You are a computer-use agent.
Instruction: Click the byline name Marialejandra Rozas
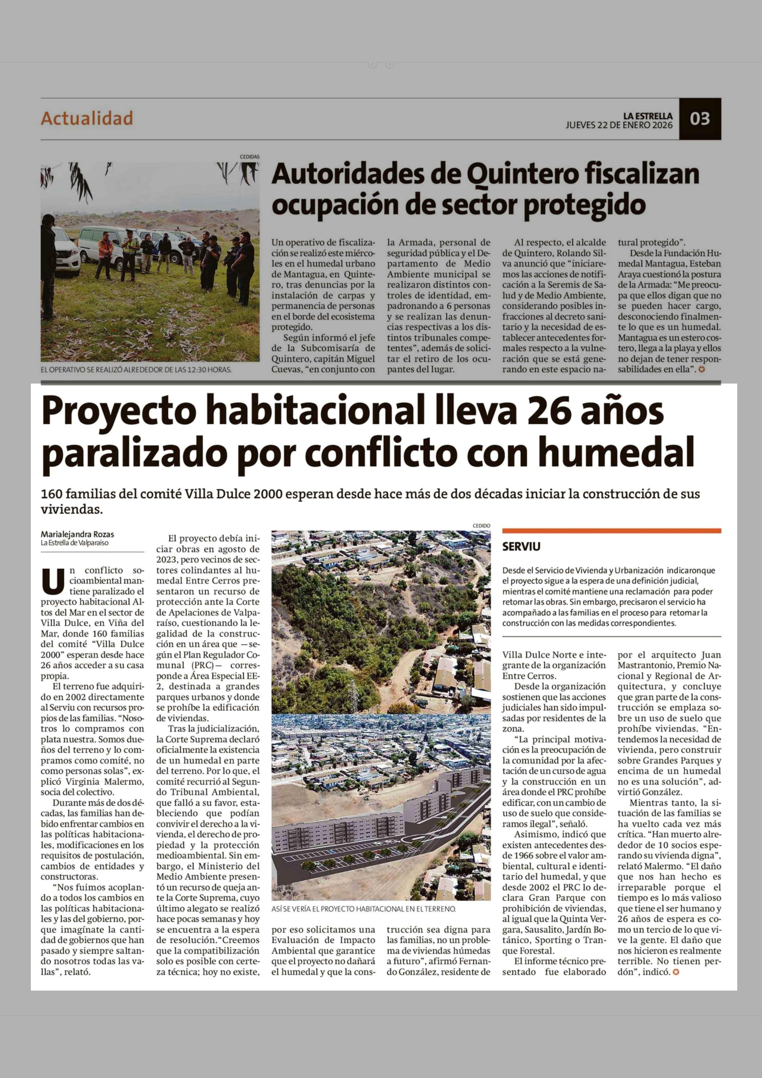[x=77, y=534]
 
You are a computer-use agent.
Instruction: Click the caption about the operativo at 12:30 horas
[x=136, y=370]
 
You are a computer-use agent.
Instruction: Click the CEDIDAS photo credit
[x=250, y=157]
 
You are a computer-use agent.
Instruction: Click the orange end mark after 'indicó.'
[x=676, y=972]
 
